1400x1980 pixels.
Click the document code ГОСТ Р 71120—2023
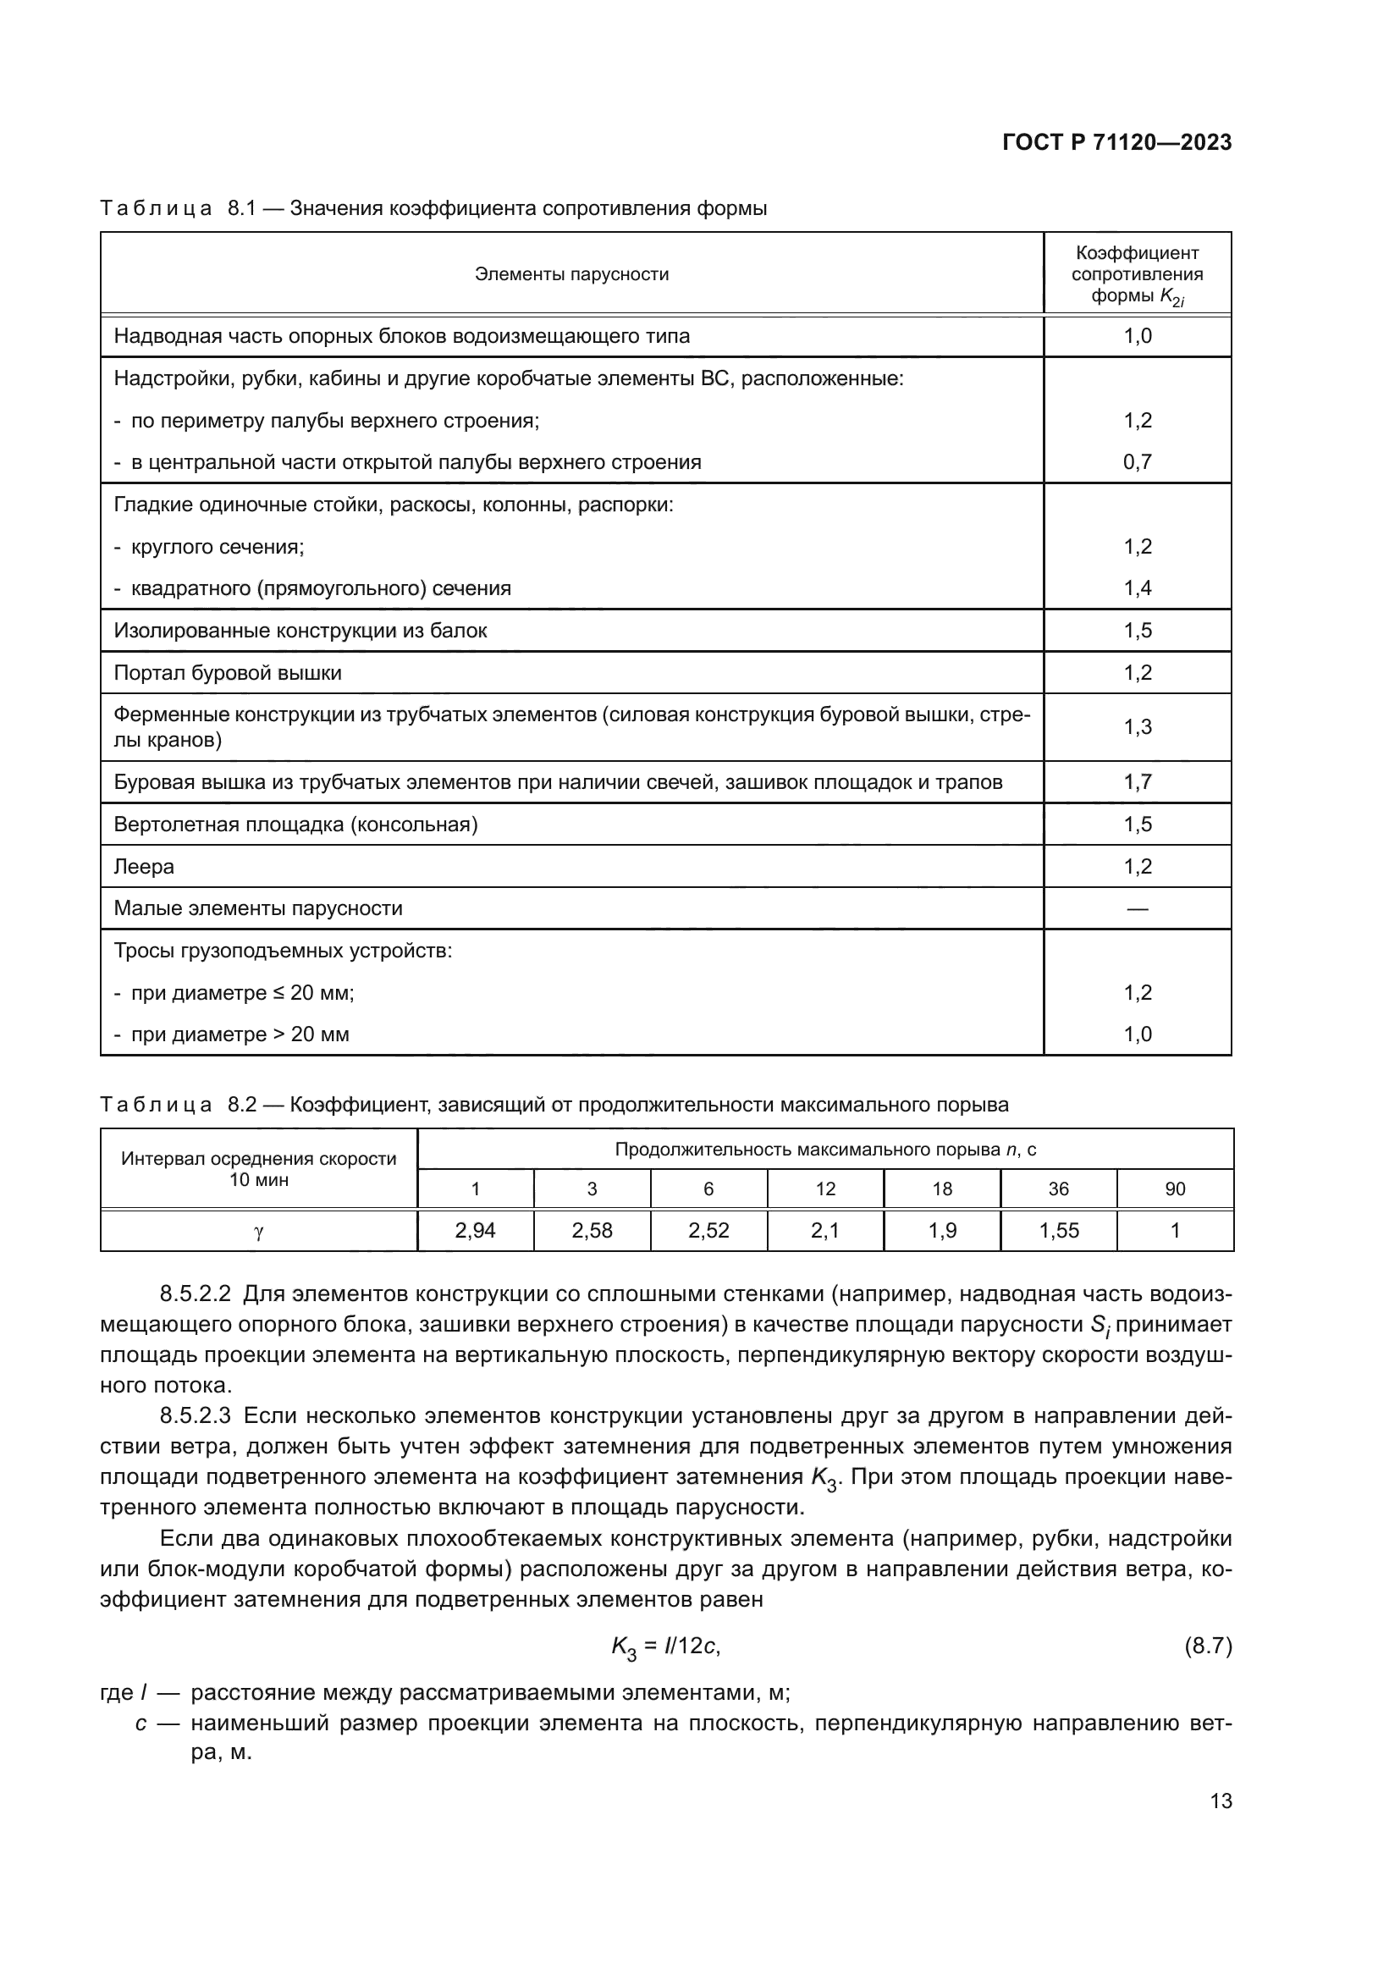point(1116,143)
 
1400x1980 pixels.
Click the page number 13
point(1221,1801)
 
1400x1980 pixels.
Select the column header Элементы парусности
point(571,274)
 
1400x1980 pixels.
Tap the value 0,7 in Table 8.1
point(1137,462)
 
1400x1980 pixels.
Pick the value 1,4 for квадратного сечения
point(1137,588)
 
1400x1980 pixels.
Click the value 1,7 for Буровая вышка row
point(1137,782)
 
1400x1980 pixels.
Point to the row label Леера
point(144,867)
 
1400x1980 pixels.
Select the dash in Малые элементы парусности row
point(1137,908)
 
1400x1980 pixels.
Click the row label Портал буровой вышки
point(228,673)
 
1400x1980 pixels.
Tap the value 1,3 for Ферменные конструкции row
point(1137,727)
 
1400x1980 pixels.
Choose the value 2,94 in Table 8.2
point(475,1231)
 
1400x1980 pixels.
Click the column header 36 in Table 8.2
point(1058,1189)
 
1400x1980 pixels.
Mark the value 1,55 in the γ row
point(1059,1231)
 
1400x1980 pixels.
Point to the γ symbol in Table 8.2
point(259,1232)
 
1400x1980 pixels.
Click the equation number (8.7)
point(1208,1646)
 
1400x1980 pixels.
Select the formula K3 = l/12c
point(665,1647)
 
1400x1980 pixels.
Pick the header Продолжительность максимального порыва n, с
point(825,1150)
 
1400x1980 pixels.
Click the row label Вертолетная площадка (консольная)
point(295,825)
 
